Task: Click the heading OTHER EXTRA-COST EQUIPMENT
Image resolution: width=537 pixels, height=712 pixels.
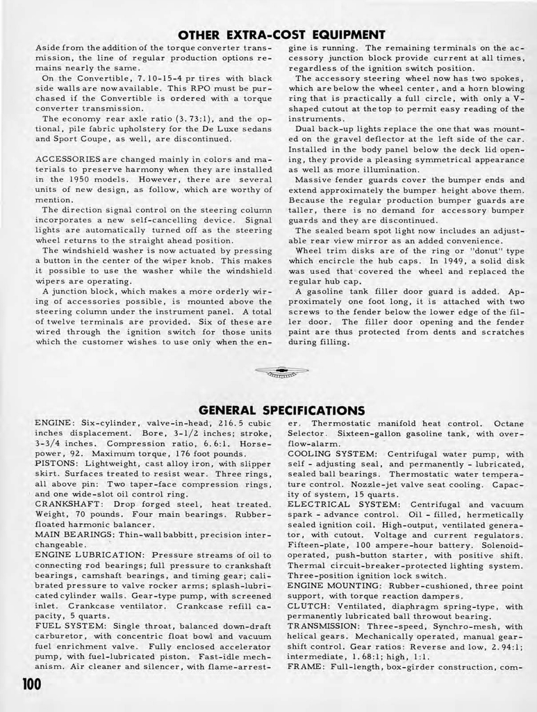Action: tap(281, 34)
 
